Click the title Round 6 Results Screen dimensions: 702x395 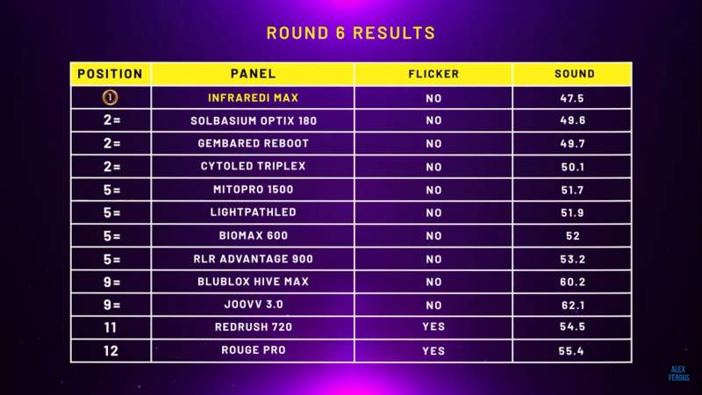pos(350,32)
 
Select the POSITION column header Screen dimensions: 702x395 pos(111,74)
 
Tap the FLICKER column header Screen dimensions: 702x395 pos(433,74)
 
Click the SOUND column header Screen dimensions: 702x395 pos(575,74)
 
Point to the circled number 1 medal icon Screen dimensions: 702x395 pos(111,97)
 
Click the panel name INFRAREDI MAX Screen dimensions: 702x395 pos(253,98)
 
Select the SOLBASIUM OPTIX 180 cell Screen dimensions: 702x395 pos(254,120)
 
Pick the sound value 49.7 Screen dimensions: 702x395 pos(573,144)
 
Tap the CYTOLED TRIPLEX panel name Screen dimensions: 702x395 pos(253,166)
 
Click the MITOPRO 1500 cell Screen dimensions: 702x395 pos(253,190)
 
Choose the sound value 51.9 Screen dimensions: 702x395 pos(573,212)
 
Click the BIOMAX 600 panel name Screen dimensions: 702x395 pos(253,235)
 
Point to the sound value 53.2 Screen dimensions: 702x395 pos(573,259)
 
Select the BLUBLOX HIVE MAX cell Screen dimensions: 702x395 pos(253,282)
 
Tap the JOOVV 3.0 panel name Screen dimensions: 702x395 pos(254,305)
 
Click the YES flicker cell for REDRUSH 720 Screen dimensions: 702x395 pos(433,327)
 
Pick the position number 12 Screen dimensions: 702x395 pos(111,350)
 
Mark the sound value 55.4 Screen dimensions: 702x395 pos(571,351)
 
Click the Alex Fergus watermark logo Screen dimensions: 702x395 pos(678,374)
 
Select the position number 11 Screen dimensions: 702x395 pos(111,327)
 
